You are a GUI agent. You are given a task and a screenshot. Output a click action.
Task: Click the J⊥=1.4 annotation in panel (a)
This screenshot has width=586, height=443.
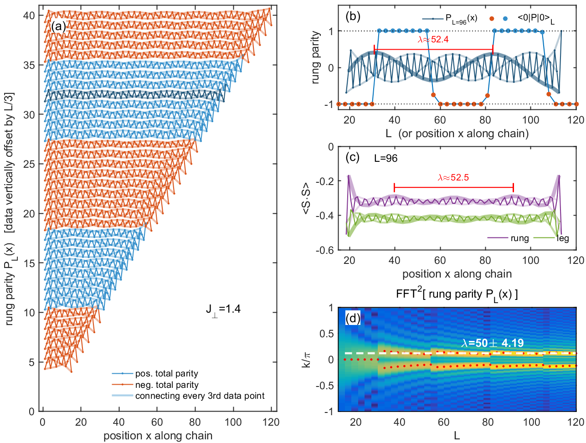(223, 309)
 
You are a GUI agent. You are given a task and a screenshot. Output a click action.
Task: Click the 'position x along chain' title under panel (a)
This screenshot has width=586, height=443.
(158, 436)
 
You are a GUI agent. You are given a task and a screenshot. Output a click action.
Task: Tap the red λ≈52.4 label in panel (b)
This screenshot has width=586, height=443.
(433, 40)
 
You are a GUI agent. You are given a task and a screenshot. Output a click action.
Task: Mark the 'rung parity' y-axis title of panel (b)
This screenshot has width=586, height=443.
(315, 57)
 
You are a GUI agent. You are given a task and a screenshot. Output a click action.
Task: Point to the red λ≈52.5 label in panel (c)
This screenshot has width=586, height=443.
(453, 177)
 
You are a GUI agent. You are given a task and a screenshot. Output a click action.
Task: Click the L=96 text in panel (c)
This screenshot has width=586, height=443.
(386, 159)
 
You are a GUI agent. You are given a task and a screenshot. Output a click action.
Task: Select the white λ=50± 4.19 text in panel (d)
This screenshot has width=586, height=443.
(492, 343)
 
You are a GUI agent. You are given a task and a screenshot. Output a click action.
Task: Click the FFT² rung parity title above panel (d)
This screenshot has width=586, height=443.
(457, 294)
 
